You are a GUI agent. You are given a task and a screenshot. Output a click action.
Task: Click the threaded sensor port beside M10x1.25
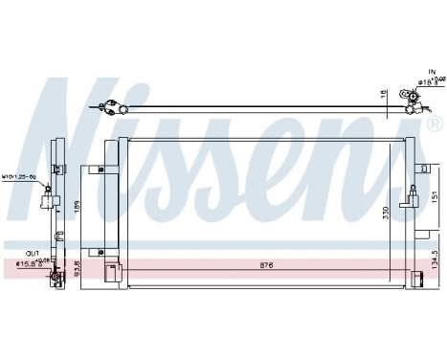click(46, 196)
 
